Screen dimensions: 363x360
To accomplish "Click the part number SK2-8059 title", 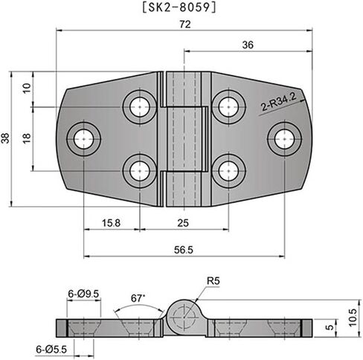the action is (180, 7).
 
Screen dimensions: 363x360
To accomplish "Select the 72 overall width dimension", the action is (185, 25).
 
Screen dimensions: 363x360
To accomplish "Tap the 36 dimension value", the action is (248, 45).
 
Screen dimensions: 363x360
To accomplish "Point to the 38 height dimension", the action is (5, 138).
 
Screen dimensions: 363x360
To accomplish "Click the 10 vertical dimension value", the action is (27, 88).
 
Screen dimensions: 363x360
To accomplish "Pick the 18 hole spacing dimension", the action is (27, 138).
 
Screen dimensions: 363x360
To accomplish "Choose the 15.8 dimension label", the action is (111, 223).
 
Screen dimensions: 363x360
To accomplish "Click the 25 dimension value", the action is (183, 223).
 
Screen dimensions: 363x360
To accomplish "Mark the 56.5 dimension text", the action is (184, 250).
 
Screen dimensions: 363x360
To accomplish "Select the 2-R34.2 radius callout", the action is (278, 102).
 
